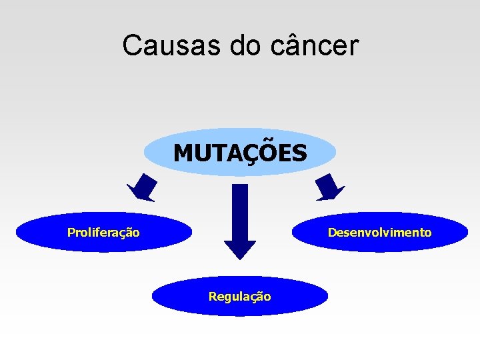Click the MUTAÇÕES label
240,153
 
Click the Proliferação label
103,233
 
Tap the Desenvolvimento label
379,233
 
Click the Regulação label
240,297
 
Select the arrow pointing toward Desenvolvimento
329,187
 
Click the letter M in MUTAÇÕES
182,153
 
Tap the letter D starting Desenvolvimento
331,233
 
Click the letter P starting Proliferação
71,233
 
